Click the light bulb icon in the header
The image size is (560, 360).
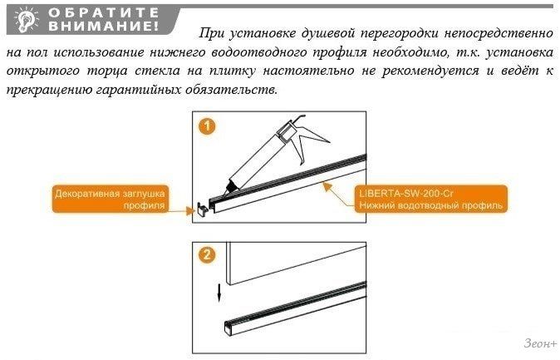point(26,21)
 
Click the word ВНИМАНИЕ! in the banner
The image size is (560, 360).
point(103,27)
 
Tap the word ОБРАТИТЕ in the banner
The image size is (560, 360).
point(104,12)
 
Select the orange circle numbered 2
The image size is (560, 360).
point(207,255)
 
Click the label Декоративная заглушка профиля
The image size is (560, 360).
point(110,200)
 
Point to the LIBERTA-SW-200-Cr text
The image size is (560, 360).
point(406,194)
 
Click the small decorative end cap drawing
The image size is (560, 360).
point(201,209)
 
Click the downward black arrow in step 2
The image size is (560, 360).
point(219,292)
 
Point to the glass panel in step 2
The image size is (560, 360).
point(296,263)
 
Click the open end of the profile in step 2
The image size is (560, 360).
point(228,328)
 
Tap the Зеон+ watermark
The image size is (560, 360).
point(540,343)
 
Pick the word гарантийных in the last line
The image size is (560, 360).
point(137,89)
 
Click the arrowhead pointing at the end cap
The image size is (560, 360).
point(190,210)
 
